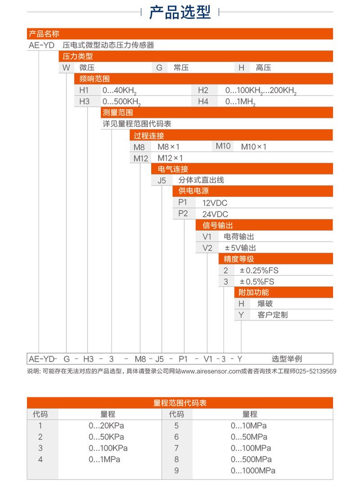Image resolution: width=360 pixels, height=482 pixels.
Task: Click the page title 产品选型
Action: pyautogui.click(x=180, y=12)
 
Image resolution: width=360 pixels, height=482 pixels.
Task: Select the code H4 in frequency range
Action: pyautogui.click(x=203, y=102)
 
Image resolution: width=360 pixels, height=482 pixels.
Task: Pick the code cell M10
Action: pyautogui.click(x=223, y=146)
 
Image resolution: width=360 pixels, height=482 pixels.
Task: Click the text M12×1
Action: pyautogui.click(x=170, y=158)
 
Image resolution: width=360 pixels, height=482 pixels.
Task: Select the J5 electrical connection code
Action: pyautogui.click(x=162, y=180)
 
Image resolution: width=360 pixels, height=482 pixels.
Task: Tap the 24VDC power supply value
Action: pyautogui.click(x=215, y=214)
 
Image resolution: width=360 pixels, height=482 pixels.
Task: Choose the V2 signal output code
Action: pyautogui.click(x=207, y=248)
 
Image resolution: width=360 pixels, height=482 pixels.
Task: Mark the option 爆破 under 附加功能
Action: pyautogui.click(x=265, y=304)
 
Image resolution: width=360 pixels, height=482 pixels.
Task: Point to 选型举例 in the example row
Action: pyautogui.click(x=287, y=359)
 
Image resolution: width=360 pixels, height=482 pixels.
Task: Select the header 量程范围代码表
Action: pyautogui.click(x=180, y=403)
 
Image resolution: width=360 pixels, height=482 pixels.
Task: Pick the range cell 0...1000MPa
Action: pyautogui.click(x=253, y=470)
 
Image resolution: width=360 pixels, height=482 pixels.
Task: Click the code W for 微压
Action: pyautogui.click(x=66, y=68)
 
